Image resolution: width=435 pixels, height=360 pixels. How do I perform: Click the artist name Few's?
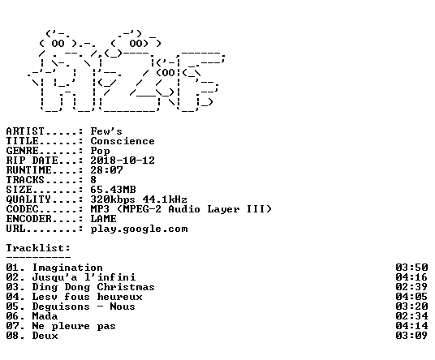(106, 131)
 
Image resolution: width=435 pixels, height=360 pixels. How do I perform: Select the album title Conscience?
(123, 141)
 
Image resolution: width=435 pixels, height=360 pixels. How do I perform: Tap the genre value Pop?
(100, 152)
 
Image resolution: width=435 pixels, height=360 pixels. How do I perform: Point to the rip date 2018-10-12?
(123, 161)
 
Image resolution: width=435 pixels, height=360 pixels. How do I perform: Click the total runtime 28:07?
(106, 170)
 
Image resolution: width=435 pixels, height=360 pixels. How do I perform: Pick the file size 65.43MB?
(113, 190)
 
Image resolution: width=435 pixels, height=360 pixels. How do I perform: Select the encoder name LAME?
(104, 219)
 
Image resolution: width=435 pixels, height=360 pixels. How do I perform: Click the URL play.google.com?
(139, 229)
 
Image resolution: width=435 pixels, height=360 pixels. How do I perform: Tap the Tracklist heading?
(38, 248)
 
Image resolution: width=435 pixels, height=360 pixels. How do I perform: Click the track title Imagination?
(67, 268)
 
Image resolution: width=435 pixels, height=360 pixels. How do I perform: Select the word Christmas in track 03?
(126, 287)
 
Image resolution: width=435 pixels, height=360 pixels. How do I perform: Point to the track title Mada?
(45, 316)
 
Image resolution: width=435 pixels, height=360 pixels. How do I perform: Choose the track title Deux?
(45, 336)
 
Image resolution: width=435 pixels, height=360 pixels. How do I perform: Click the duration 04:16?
(411, 276)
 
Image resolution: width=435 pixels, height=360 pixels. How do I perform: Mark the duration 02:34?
(411, 316)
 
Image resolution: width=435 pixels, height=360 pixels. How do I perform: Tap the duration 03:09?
(411, 336)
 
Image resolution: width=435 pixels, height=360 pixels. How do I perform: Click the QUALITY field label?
(28, 199)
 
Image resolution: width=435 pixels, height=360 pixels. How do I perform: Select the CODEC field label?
(22, 209)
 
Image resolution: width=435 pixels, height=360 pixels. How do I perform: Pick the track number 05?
(12, 306)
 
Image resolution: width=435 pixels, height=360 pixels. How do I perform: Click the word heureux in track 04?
(119, 297)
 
